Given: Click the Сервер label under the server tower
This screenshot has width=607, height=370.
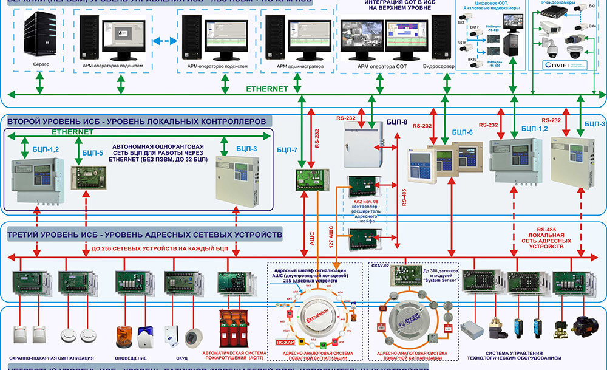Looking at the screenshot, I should (x=42, y=64).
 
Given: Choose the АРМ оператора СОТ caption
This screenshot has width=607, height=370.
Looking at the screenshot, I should (x=382, y=66).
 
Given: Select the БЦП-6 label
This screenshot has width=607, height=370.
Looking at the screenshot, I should (x=463, y=132).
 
